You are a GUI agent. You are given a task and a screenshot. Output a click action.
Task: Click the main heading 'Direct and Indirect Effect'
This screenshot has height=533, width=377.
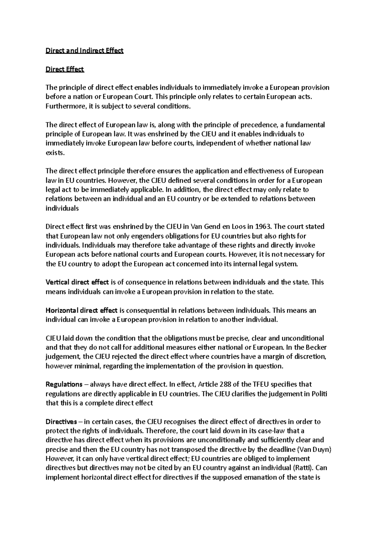click(x=85, y=51)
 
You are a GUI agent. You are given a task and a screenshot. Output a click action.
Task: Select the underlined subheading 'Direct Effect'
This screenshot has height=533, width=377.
click(x=65, y=69)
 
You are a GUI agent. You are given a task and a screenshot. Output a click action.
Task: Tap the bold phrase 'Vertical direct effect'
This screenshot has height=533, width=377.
click(x=77, y=282)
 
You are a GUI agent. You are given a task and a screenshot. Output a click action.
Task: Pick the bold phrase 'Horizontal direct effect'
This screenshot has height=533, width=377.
click(x=81, y=310)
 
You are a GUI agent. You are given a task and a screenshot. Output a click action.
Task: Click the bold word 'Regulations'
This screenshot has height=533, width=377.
click(x=64, y=384)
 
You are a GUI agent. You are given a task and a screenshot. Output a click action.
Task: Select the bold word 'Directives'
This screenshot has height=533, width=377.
click(x=61, y=421)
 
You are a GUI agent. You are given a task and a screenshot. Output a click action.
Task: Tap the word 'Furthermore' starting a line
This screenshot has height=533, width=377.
click(x=64, y=106)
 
